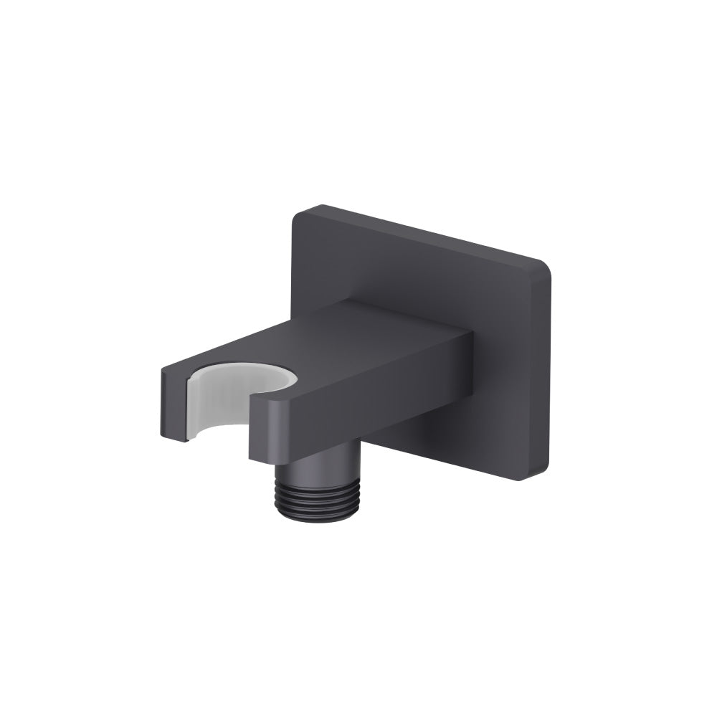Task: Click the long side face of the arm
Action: point(380,402)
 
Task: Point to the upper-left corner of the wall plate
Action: point(297,213)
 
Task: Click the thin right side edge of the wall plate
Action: point(549,373)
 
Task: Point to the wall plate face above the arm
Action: point(402,272)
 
